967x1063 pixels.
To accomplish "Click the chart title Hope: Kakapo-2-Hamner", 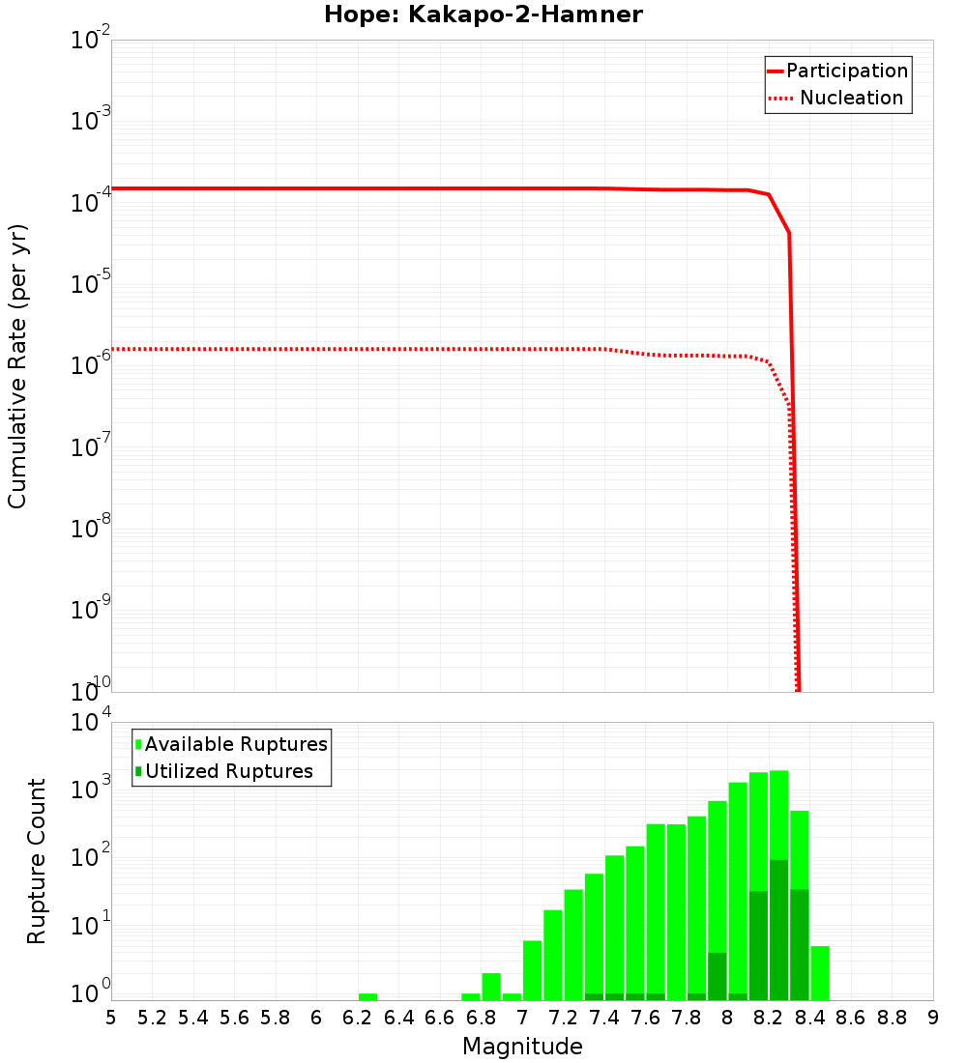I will pos(483,14).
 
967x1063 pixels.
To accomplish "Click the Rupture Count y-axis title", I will pos(37,860).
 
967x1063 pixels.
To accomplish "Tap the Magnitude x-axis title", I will pos(522,1047).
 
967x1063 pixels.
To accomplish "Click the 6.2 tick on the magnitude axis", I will pos(357,1018).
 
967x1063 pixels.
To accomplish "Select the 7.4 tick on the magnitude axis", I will pos(603,1018).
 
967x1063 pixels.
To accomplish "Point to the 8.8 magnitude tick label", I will pos(892,1018).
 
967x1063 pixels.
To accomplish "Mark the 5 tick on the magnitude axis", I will pos(111,1018).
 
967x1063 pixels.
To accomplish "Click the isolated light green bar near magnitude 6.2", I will pos(367,996).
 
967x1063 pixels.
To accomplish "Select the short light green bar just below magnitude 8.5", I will pos(820,973).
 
